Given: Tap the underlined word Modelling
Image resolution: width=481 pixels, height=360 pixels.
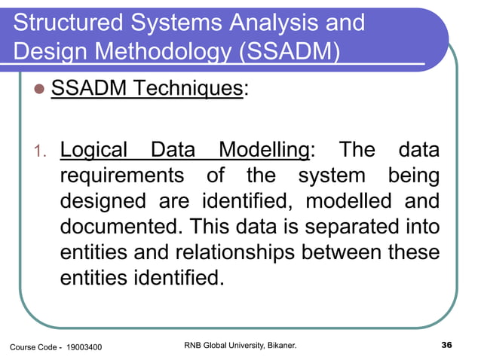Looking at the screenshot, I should pos(265,150).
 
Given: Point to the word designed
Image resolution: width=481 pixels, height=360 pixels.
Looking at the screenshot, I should pos(104,203).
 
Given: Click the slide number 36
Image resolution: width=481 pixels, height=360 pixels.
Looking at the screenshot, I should pos(446,346).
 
